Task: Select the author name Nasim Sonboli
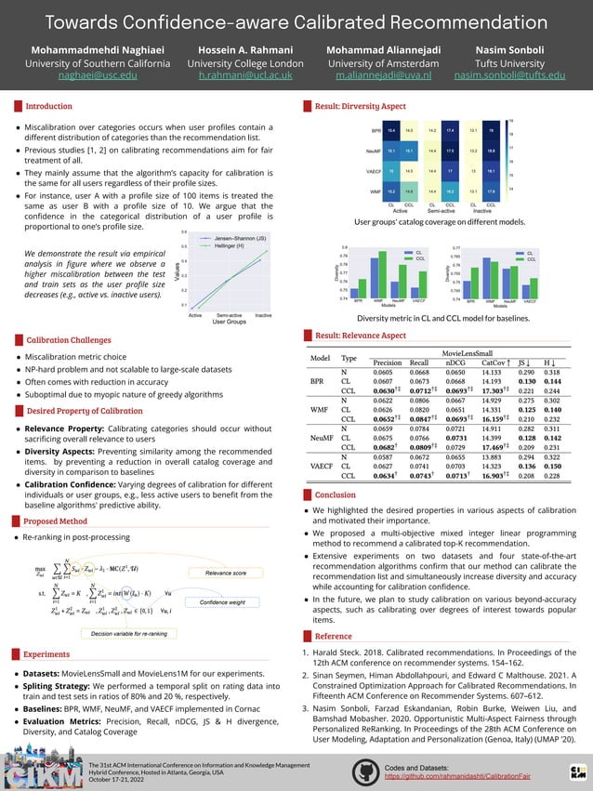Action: (517, 48)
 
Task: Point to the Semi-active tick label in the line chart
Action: (217, 315)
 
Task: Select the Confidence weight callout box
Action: (223, 603)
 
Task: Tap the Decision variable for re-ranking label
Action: (128, 633)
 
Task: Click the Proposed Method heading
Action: (55, 522)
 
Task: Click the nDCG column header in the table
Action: (455, 363)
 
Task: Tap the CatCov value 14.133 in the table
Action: (492, 372)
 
